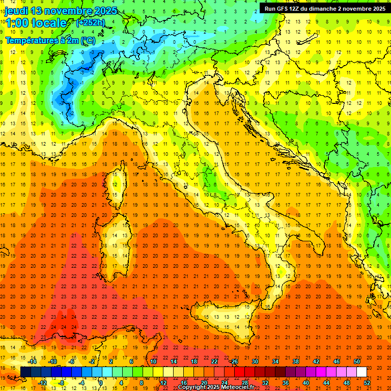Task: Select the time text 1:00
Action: pyautogui.click(x=17, y=23)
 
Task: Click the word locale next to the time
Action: pyautogui.click(x=49, y=23)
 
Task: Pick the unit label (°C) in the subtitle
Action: pyautogui.click(x=88, y=40)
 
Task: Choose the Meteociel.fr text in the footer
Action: pyautogui.click(x=237, y=387)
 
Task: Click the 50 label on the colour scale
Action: pyautogui.click(x=357, y=361)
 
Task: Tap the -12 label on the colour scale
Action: pyautogui.click(x=43, y=383)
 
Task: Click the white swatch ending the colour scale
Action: pyautogui.click(x=361, y=372)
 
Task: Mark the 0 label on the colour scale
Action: pyautogui.click(x=101, y=383)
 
